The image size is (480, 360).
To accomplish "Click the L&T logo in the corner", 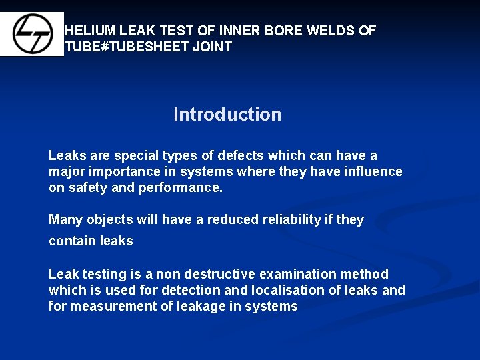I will coord(31,34).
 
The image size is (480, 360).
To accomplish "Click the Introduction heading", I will coord(227,115).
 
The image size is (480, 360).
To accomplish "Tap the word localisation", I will coord(290,290).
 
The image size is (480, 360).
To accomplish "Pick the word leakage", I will coord(197,306).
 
